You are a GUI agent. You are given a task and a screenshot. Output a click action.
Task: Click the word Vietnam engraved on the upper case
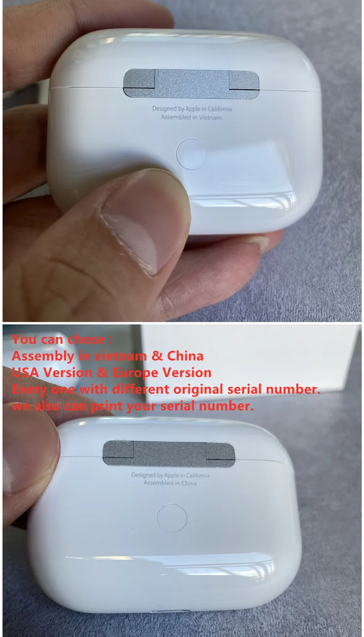[210, 117]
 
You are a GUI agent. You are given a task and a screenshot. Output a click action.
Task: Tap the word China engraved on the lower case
[189, 483]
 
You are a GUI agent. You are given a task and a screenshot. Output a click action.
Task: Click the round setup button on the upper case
[191, 154]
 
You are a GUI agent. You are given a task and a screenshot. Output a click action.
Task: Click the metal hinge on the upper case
[191, 84]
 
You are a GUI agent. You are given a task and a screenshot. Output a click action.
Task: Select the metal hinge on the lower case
[169, 454]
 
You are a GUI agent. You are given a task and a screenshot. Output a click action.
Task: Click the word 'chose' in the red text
[86, 339]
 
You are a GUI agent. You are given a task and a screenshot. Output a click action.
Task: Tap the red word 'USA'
[25, 372]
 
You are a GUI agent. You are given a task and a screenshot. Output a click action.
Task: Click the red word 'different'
[141, 389]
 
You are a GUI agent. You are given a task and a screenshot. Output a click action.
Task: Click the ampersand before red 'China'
[157, 356]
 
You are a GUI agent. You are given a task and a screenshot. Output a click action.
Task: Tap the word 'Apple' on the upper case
[193, 109]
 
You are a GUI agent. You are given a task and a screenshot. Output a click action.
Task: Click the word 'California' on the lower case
[198, 476]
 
